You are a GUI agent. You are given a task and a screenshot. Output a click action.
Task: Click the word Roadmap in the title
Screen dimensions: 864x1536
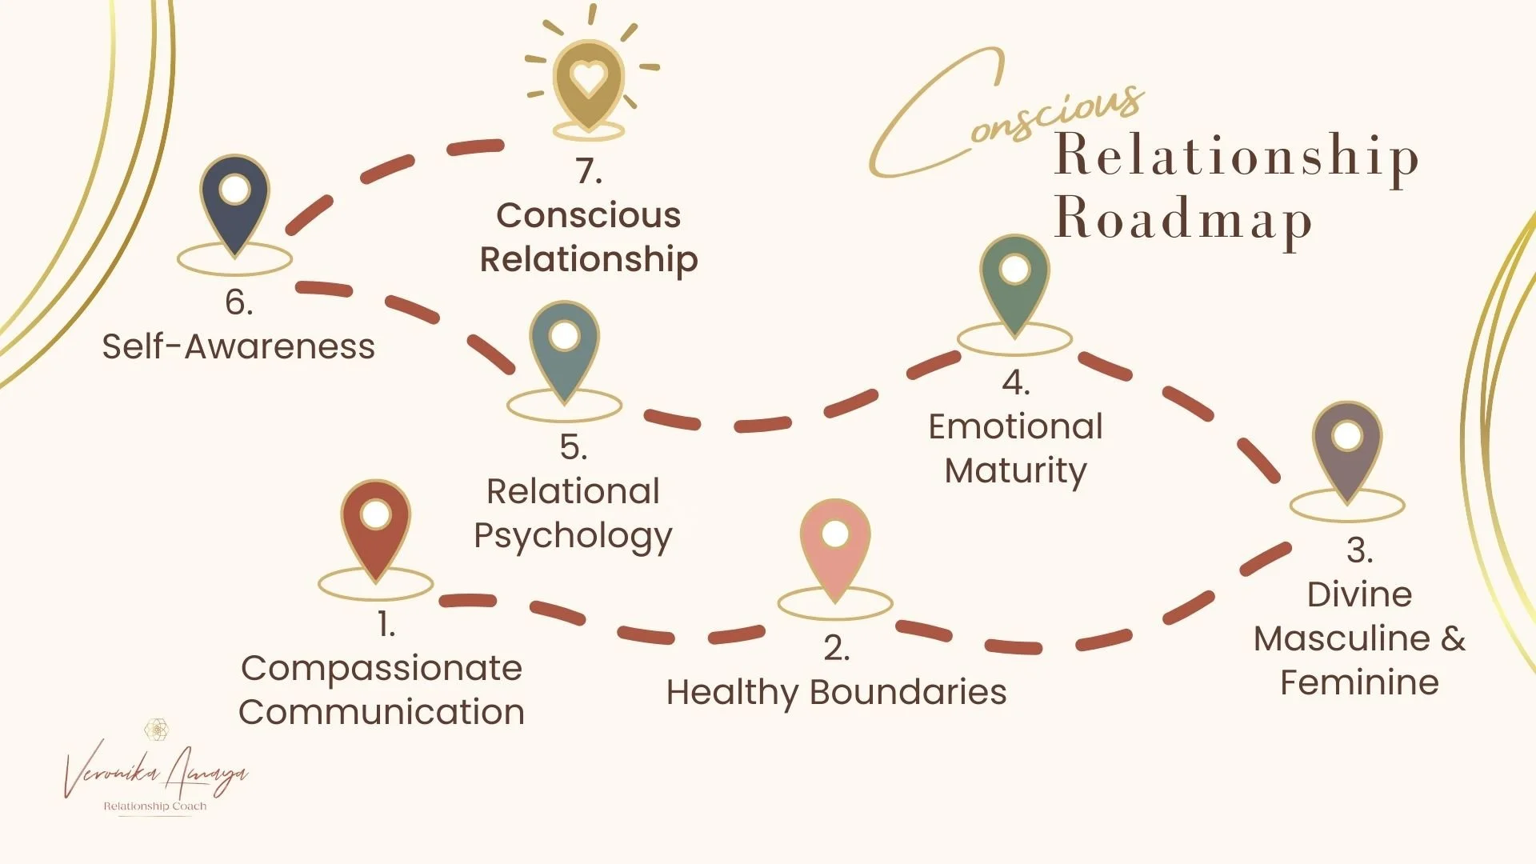1182,218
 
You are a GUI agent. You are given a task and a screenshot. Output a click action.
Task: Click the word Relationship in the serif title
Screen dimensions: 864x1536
1236,154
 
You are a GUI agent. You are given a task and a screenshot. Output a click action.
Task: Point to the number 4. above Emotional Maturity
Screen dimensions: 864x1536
1015,383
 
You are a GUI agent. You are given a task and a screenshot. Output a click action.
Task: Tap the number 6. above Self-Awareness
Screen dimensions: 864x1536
238,302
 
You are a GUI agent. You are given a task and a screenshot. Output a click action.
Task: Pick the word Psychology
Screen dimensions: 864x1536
573,536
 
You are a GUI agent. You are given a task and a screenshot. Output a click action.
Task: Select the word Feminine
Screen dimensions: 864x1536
1359,683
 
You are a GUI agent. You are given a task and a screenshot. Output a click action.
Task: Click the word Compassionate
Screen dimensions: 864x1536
382,669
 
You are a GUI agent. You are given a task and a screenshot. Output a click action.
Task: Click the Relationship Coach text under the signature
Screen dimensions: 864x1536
155,806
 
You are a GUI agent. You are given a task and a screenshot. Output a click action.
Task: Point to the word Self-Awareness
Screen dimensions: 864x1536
238,347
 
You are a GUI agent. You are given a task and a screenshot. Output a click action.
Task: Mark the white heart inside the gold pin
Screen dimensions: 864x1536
589,78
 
